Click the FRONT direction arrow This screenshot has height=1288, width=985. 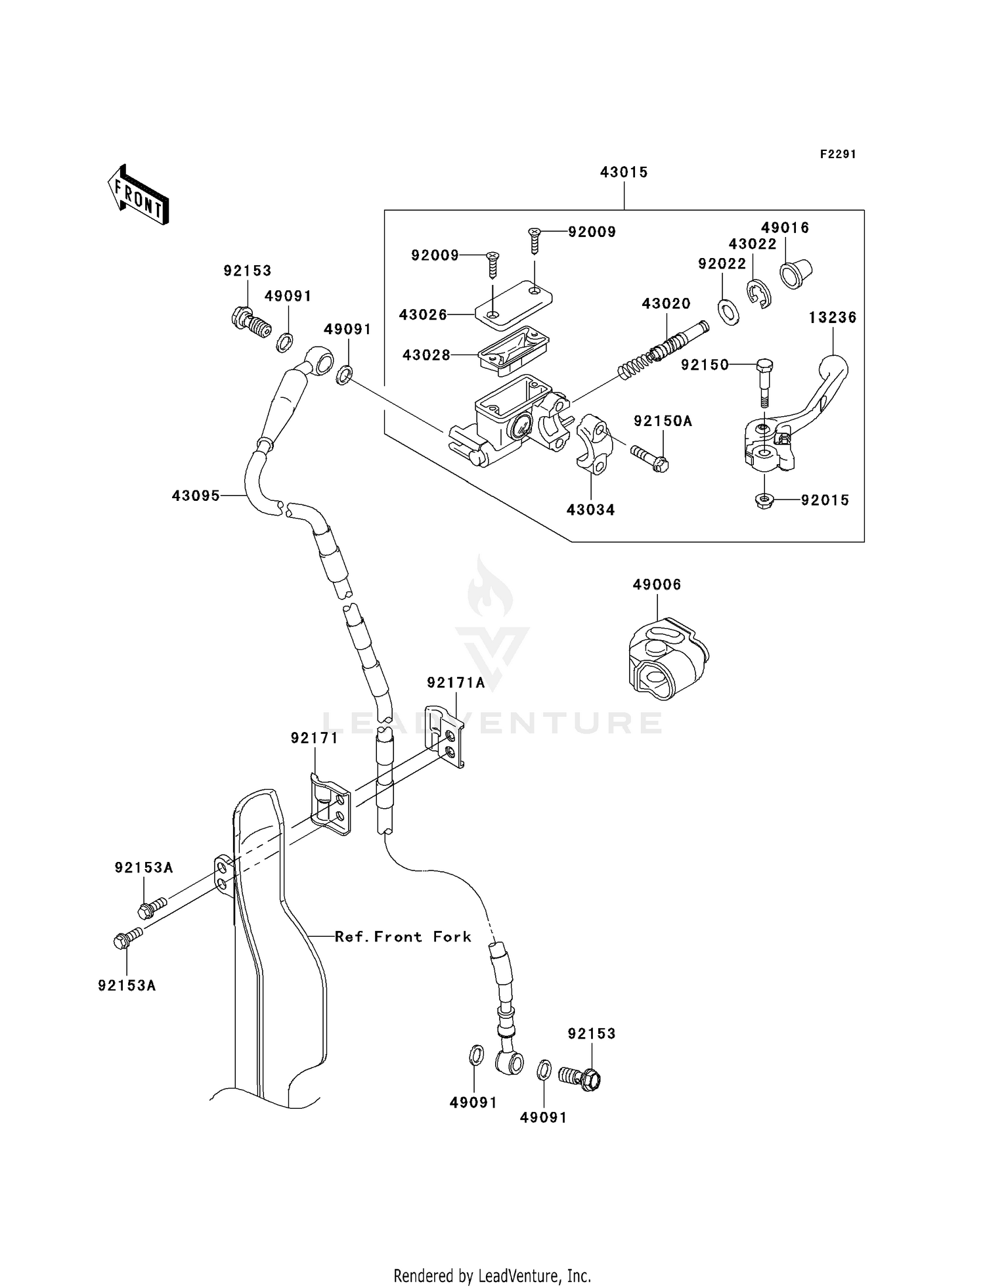point(139,195)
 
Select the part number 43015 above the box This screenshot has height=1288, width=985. point(623,172)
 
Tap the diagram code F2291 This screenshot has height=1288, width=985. point(838,154)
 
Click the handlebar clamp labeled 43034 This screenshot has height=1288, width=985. point(595,443)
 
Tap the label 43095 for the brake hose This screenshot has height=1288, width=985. point(196,496)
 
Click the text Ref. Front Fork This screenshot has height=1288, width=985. point(403,937)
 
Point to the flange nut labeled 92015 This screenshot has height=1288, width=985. point(764,501)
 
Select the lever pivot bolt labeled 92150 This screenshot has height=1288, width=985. point(764,382)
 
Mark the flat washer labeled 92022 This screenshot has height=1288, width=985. point(728,311)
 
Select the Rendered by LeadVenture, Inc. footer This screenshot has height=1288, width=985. point(492,1276)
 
